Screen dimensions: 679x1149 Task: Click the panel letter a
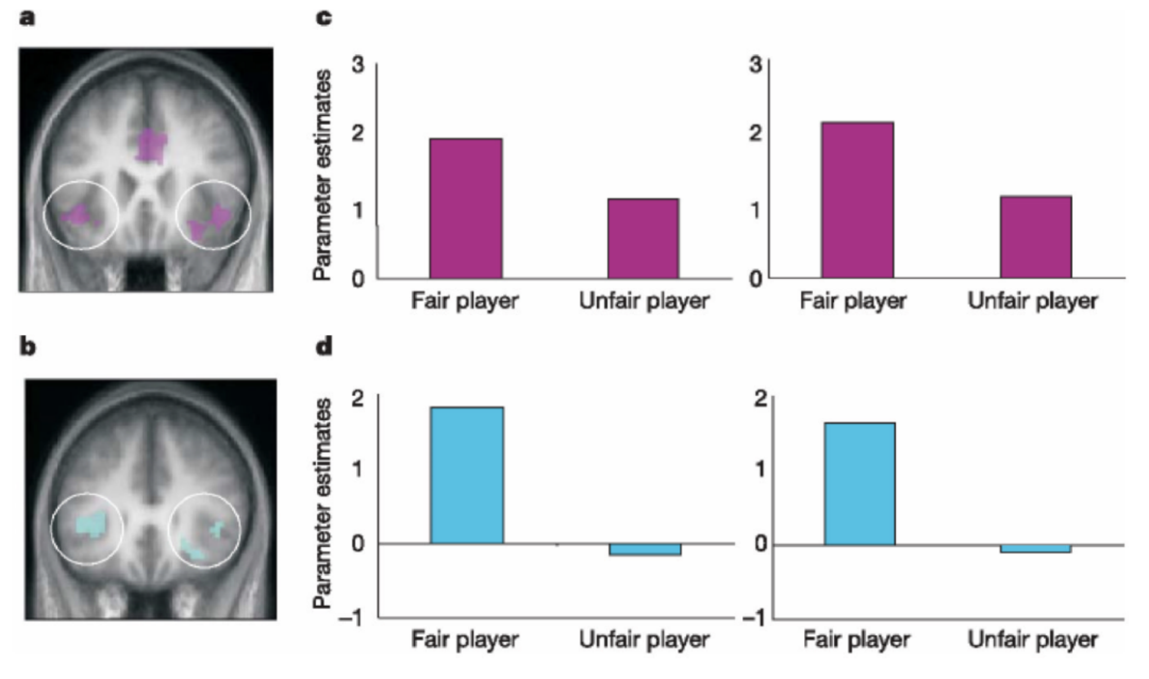(x=26, y=18)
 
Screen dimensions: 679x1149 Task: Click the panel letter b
(x=27, y=347)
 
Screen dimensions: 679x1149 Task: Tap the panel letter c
(x=324, y=18)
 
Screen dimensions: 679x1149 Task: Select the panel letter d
(x=324, y=346)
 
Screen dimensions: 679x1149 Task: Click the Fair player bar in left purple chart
(x=466, y=208)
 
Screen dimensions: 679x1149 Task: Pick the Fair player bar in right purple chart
(x=857, y=200)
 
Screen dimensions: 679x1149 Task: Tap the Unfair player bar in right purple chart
(x=1035, y=237)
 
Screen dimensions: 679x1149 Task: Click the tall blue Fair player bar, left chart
(x=466, y=475)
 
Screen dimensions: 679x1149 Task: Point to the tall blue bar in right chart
(x=859, y=484)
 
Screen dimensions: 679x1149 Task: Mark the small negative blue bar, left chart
(x=645, y=550)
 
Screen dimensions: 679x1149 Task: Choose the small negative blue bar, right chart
(x=1035, y=548)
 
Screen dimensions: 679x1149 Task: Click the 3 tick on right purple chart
(x=755, y=65)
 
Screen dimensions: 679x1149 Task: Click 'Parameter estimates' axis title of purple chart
(x=322, y=175)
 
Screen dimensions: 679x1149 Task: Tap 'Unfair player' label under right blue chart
(x=1033, y=640)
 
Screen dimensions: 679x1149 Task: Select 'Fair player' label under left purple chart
(x=464, y=301)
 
